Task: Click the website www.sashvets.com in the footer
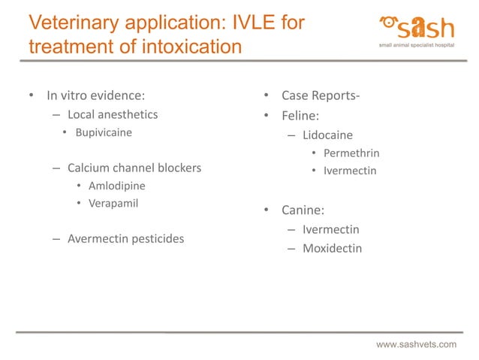[416, 344]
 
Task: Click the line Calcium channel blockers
[134, 168]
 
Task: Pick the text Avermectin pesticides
[125, 239]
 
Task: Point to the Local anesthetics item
[113, 115]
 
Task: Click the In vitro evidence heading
[95, 95]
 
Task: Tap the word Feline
[303, 116]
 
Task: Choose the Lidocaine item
[328, 136]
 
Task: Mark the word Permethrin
[351, 153]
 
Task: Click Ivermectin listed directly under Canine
[330, 229]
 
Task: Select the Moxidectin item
[332, 248]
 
